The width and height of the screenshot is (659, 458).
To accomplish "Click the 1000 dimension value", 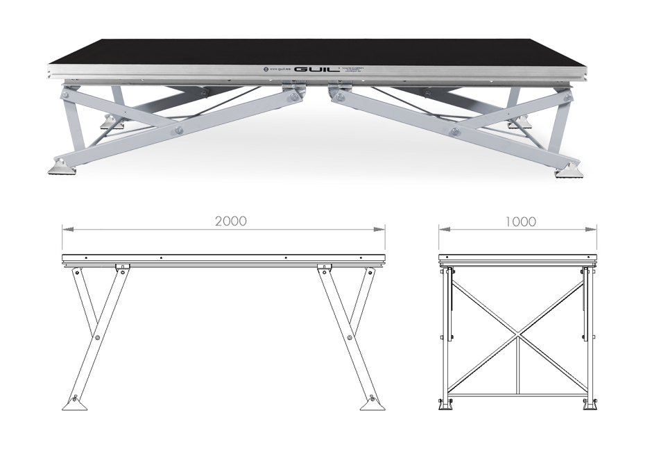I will pyautogui.click(x=520, y=221).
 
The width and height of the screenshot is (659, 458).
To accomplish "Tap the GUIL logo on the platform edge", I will pyautogui.click(x=317, y=69).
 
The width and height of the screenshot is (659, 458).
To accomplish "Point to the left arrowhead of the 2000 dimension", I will pyautogui.click(x=65, y=228).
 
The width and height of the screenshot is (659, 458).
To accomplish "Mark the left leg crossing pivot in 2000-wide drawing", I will pyautogui.click(x=98, y=338).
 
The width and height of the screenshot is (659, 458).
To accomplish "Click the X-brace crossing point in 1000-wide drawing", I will pyautogui.click(x=517, y=338).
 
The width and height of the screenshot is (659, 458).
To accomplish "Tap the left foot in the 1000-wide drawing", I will pyautogui.click(x=445, y=405).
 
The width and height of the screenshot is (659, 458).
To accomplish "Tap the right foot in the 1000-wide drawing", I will pyautogui.click(x=590, y=405).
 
